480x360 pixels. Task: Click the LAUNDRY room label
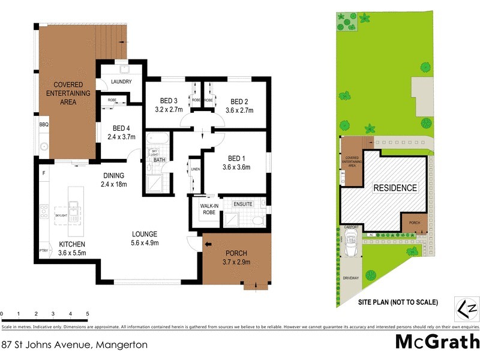pyautogui.click(x=122, y=82)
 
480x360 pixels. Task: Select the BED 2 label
pyautogui.click(x=239, y=101)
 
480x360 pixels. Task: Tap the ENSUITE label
pyautogui.click(x=243, y=204)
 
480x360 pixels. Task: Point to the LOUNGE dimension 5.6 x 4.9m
pyautogui.click(x=145, y=244)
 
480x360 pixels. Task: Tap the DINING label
pyautogui.click(x=113, y=175)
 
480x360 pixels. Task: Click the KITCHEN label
pyautogui.click(x=72, y=244)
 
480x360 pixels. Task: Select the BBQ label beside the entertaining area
pyautogui.click(x=43, y=125)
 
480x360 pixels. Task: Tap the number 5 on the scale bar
pyautogui.click(x=88, y=314)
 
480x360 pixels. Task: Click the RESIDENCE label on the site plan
pyautogui.click(x=395, y=188)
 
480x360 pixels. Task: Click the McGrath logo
pyautogui.click(x=436, y=341)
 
